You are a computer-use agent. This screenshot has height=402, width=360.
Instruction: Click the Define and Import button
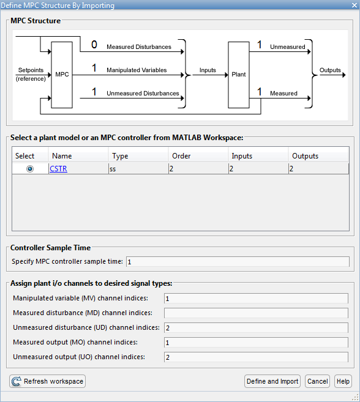[x=272, y=381]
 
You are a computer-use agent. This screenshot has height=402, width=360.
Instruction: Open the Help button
[x=343, y=381]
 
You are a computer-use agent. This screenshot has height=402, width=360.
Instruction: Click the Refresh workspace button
[x=48, y=381]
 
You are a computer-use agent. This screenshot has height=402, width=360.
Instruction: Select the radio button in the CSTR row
[x=30, y=169]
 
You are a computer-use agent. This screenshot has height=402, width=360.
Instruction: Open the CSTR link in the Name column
[x=59, y=169]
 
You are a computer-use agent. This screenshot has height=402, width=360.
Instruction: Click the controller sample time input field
[x=238, y=262]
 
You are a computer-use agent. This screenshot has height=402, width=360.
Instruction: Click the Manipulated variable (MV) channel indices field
[x=256, y=299]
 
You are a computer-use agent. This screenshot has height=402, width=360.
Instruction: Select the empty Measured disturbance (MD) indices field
[x=256, y=313]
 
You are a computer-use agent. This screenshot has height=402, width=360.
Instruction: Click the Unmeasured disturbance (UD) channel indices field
[x=256, y=327]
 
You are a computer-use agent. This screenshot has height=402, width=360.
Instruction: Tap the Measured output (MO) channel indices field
[x=256, y=342]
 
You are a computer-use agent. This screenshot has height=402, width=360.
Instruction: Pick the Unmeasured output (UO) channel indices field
[x=256, y=357]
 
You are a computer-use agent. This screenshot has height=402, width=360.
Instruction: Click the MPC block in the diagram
[x=62, y=75]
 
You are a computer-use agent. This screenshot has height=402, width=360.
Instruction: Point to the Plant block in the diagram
[x=239, y=75]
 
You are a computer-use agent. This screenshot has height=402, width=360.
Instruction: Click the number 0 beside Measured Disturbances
[x=94, y=45]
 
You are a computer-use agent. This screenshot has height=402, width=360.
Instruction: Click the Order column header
[x=181, y=156]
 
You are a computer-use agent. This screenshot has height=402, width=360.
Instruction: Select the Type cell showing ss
[x=138, y=169]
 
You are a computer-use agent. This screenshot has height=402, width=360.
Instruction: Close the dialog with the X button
[x=354, y=5]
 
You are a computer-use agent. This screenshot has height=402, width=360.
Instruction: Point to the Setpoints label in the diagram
[x=31, y=70]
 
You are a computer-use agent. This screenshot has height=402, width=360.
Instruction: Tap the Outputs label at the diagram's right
[x=330, y=70]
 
